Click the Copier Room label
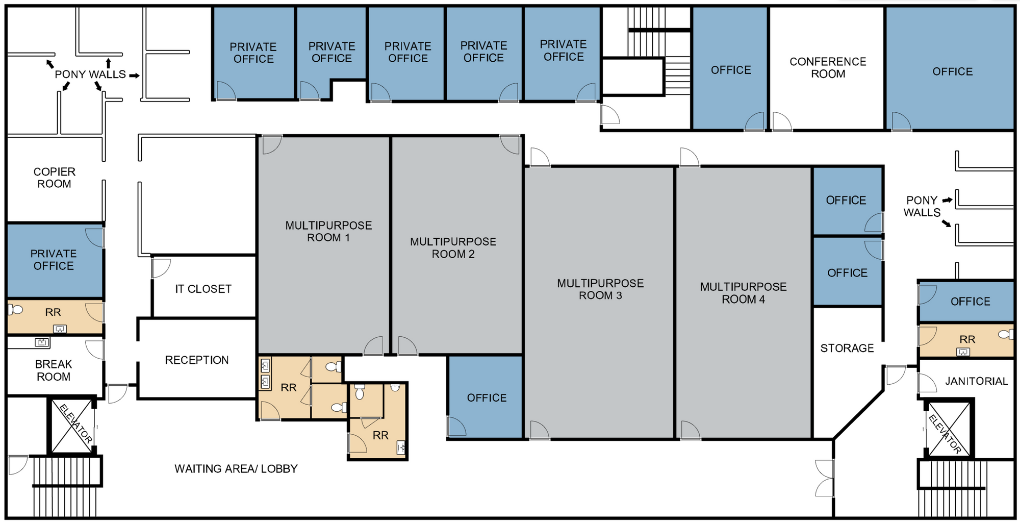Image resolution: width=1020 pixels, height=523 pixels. [x=55, y=178]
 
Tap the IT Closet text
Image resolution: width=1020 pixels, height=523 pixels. [x=203, y=289]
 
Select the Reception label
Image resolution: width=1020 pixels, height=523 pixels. [x=197, y=360]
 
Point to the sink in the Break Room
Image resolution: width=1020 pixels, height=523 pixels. [x=42, y=342]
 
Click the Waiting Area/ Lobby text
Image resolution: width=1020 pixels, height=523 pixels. [x=236, y=468]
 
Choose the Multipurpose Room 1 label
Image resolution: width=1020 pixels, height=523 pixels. [x=328, y=231]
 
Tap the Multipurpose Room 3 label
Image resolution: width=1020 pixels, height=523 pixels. [x=600, y=289]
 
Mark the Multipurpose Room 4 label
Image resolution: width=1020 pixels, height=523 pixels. [x=743, y=293]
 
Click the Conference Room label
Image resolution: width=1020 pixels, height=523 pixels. [x=828, y=67]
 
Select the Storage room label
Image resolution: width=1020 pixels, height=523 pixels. [x=847, y=348]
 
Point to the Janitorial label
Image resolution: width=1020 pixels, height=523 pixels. [x=977, y=381]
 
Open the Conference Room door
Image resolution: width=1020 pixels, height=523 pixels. [x=781, y=121]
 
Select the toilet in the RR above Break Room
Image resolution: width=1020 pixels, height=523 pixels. [x=16, y=309]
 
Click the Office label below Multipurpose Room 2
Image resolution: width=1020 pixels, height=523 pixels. [x=487, y=397]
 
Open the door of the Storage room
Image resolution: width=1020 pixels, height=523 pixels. [x=895, y=375]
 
